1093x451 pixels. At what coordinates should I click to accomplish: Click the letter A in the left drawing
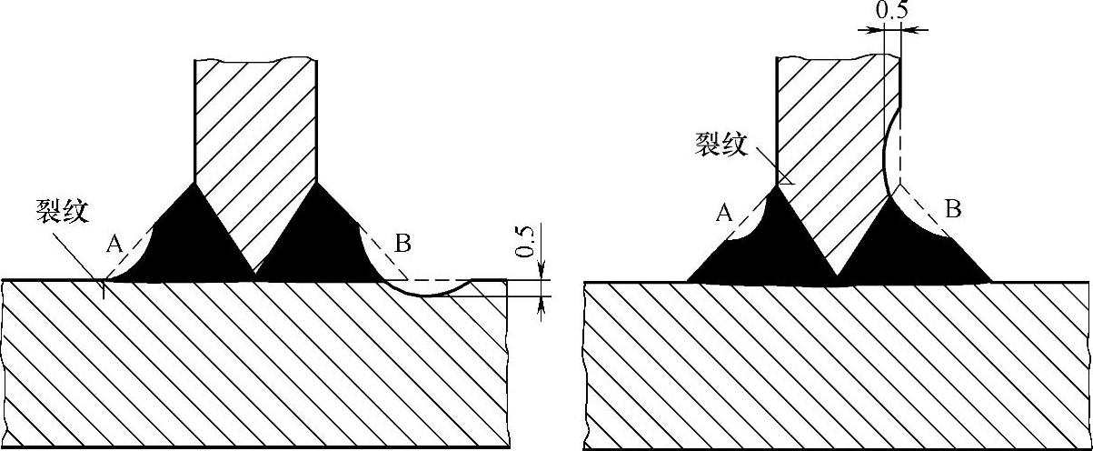(x=114, y=243)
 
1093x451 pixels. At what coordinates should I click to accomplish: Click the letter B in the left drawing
(x=403, y=243)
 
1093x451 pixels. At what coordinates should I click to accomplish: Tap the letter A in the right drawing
(x=724, y=213)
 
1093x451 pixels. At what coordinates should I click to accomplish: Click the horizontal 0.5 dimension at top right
(x=893, y=10)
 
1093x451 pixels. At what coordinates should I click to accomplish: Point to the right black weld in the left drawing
(x=313, y=241)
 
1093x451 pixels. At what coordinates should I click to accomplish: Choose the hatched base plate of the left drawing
(x=254, y=364)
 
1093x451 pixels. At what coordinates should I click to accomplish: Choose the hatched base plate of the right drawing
(x=836, y=364)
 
